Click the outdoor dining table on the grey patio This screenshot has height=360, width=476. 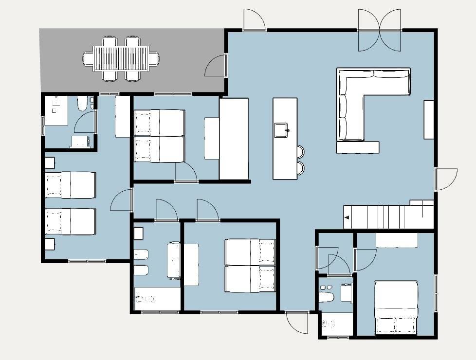(121, 58)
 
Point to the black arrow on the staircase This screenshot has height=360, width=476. (347, 218)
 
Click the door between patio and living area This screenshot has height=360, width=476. (216, 66)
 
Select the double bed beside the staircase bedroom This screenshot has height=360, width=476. (396, 308)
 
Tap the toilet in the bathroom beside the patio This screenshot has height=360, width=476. (82, 104)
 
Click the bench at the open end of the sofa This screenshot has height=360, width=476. (357, 147)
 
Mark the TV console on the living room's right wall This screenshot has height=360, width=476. (429, 120)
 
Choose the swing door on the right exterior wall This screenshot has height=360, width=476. (445, 179)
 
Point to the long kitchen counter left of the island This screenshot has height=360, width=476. (234, 139)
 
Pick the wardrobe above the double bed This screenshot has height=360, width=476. (397, 240)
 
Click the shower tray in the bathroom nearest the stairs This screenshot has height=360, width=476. (336, 324)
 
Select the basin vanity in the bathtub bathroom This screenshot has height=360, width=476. (174, 261)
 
